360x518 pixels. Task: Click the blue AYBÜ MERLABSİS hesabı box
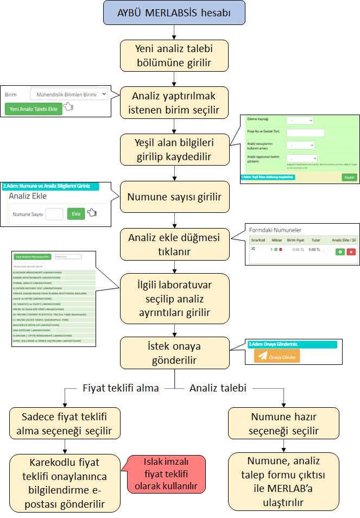pyautogui.click(x=174, y=14)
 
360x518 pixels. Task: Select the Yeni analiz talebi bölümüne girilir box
pyautogui.click(x=174, y=55)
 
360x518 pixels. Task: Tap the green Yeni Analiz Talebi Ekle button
pyautogui.click(x=33, y=109)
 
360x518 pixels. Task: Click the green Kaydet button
pyautogui.click(x=349, y=177)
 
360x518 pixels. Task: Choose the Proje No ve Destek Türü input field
pyautogui.click(x=305, y=132)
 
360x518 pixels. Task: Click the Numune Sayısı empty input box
pyautogui.click(x=54, y=214)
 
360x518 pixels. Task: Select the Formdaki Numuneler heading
pyautogui.click(x=275, y=230)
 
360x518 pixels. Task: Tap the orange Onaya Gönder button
pyautogui.click(x=276, y=356)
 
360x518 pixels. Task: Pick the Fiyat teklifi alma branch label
pyautogui.click(x=121, y=388)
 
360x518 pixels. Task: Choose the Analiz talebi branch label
pyautogui.click(x=218, y=388)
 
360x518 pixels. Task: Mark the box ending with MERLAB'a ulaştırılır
pyautogui.click(x=283, y=481)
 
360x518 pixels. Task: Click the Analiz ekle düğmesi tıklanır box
pyautogui.click(x=174, y=244)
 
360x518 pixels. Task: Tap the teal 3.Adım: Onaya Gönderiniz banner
pyautogui.click(x=292, y=344)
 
